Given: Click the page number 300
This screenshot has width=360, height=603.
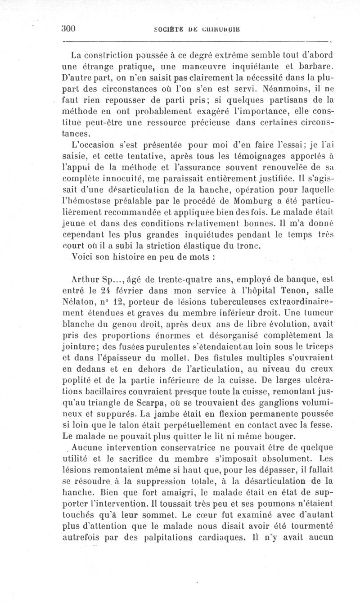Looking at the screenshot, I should pyautogui.click(x=68, y=27).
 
